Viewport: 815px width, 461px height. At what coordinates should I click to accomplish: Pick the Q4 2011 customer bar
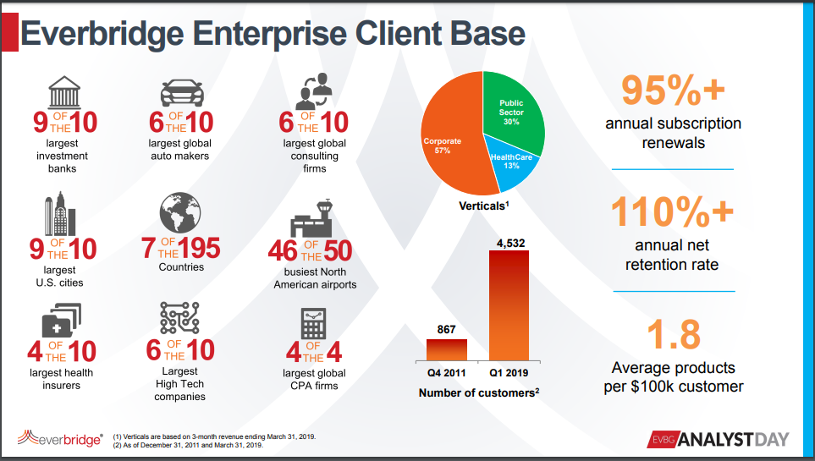coord(446,348)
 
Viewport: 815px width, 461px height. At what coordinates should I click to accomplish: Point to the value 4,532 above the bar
coord(509,243)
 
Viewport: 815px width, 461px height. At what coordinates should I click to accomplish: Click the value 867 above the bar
coord(446,328)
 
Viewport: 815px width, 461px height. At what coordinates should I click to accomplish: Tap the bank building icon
coord(64,92)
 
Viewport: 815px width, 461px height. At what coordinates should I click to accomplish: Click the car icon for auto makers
coord(179,93)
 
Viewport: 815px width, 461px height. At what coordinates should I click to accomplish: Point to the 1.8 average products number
coord(673,334)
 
